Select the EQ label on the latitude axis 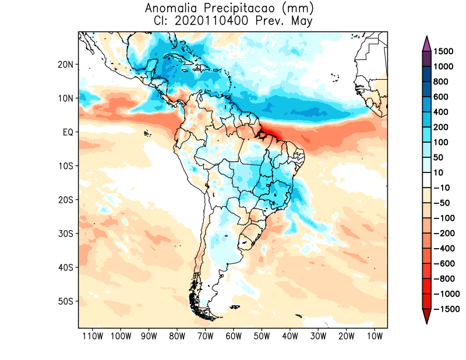(68, 132)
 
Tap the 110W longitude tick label (93, 336)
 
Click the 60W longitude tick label (234, 336)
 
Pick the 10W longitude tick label (375, 336)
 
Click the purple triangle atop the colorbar (426, 44)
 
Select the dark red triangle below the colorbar (426, 316)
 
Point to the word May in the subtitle (302, 22)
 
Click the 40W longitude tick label (290, 336)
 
